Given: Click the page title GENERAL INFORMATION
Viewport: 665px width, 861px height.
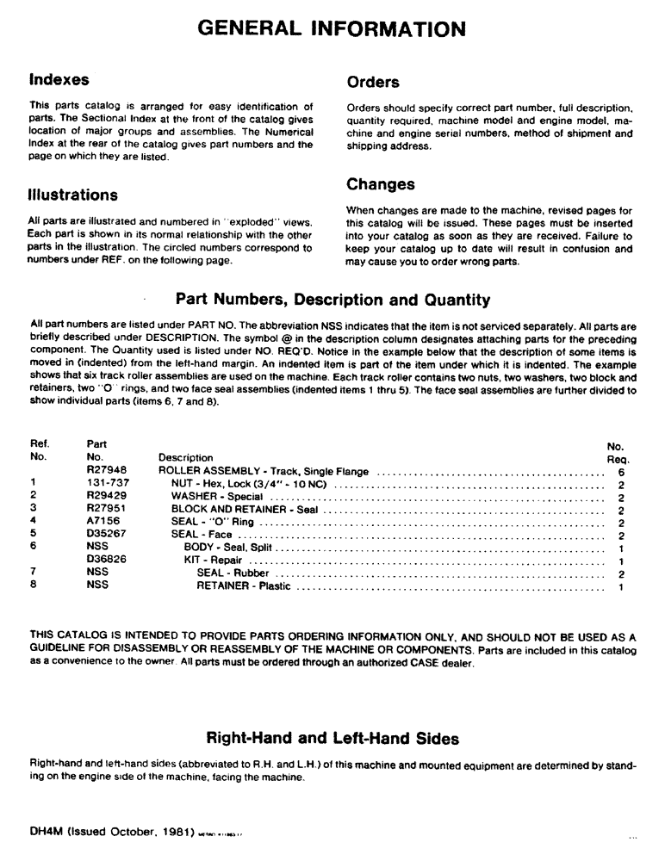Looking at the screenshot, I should (332, 28).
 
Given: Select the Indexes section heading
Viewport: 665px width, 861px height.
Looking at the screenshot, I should (59, 80).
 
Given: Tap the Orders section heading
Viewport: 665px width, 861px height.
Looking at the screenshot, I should (373, 83).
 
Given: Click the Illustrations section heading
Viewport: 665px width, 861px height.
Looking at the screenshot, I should (73, 195).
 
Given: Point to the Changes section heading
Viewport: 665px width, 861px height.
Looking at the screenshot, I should (381, 184).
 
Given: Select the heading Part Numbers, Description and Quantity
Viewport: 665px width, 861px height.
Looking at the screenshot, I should (332, 300).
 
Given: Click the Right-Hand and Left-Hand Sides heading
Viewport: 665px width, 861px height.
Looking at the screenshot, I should (332, 739).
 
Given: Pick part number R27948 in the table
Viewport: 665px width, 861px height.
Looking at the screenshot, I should (107, 471).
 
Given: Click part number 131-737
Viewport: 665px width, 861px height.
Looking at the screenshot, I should (107, 484).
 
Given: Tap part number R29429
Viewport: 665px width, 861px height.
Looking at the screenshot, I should (107, 497).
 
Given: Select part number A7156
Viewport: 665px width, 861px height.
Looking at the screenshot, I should (103, 522).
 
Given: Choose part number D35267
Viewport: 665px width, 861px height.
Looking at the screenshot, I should (107, 535).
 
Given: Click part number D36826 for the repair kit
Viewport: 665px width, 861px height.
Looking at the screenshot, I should (107, 561).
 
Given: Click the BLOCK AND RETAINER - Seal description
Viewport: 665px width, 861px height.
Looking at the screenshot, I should (245, 510).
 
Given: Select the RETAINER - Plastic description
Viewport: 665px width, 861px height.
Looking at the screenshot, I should (244, 586).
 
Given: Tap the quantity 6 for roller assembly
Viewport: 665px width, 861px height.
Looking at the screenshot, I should (620, 472).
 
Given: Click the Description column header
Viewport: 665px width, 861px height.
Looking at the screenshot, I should (186, 458).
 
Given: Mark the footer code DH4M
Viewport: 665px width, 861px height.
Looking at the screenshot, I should (47, 834).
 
